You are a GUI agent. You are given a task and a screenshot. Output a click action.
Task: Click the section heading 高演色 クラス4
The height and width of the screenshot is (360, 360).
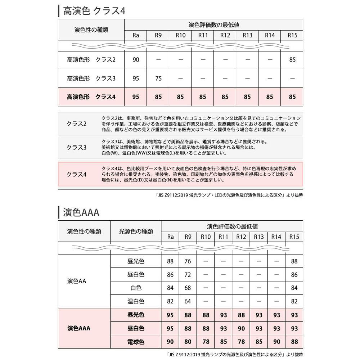click(94, 10)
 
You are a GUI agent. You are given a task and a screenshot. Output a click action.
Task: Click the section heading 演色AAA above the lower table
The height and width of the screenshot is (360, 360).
click(81, 212)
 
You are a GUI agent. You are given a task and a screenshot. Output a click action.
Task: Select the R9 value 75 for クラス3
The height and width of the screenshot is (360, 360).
click(158, 78)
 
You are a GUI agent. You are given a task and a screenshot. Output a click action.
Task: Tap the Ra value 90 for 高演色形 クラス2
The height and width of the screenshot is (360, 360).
click(136, 60)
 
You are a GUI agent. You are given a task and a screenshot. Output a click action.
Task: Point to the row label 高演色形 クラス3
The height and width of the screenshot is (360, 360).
click(91, 78)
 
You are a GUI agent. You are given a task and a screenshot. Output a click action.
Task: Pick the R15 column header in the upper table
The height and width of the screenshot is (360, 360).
click(292, 35)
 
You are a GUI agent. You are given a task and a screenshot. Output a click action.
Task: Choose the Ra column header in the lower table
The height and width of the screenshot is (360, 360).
click(170, 237)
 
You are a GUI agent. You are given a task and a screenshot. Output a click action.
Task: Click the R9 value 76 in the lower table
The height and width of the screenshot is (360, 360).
click(188, 261)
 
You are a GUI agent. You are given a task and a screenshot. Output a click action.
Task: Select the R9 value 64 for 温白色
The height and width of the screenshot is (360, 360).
click(188, 301)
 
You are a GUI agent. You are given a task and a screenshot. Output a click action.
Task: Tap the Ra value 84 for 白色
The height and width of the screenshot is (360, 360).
click(170, 288)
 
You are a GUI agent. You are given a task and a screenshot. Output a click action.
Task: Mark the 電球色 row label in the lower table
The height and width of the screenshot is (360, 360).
click(136, 342)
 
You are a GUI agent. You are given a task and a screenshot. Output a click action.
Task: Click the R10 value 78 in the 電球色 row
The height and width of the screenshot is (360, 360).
click(206, 342)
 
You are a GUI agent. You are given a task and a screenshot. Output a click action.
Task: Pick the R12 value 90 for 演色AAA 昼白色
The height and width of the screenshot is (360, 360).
click(241, 328)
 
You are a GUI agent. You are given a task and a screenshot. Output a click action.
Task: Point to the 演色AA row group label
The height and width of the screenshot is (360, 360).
click(77, 281)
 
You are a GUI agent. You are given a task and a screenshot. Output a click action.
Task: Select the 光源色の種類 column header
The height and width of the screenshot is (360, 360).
click(136, 231)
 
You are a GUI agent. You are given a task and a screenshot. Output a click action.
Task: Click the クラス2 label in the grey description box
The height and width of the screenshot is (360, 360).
click(77, 124)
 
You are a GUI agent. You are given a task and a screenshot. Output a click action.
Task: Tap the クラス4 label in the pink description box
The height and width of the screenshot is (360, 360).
click(77, 174)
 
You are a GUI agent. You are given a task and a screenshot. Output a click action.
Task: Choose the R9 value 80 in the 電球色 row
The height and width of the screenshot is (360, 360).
click(188, 342)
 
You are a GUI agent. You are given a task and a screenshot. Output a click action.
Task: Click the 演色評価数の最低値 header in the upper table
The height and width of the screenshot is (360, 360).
click(213, 25)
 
